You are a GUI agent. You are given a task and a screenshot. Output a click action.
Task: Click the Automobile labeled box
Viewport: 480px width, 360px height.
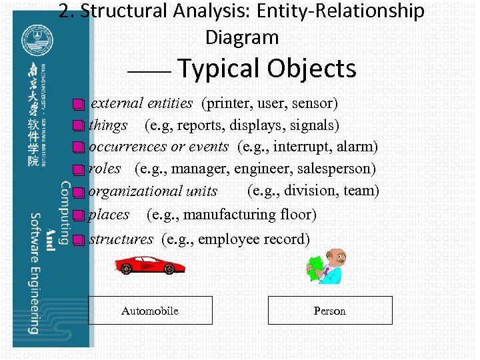150,311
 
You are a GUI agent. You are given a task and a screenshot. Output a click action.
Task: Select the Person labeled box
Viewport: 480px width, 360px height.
330,311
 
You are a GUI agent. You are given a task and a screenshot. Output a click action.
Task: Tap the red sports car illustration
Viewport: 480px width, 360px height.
149,265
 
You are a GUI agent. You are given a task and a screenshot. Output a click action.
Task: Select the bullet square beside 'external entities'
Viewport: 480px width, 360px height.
79,105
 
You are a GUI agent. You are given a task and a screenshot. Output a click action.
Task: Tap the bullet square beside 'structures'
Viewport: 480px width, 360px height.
79,240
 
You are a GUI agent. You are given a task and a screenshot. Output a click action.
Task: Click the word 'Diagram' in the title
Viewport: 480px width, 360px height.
242,37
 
